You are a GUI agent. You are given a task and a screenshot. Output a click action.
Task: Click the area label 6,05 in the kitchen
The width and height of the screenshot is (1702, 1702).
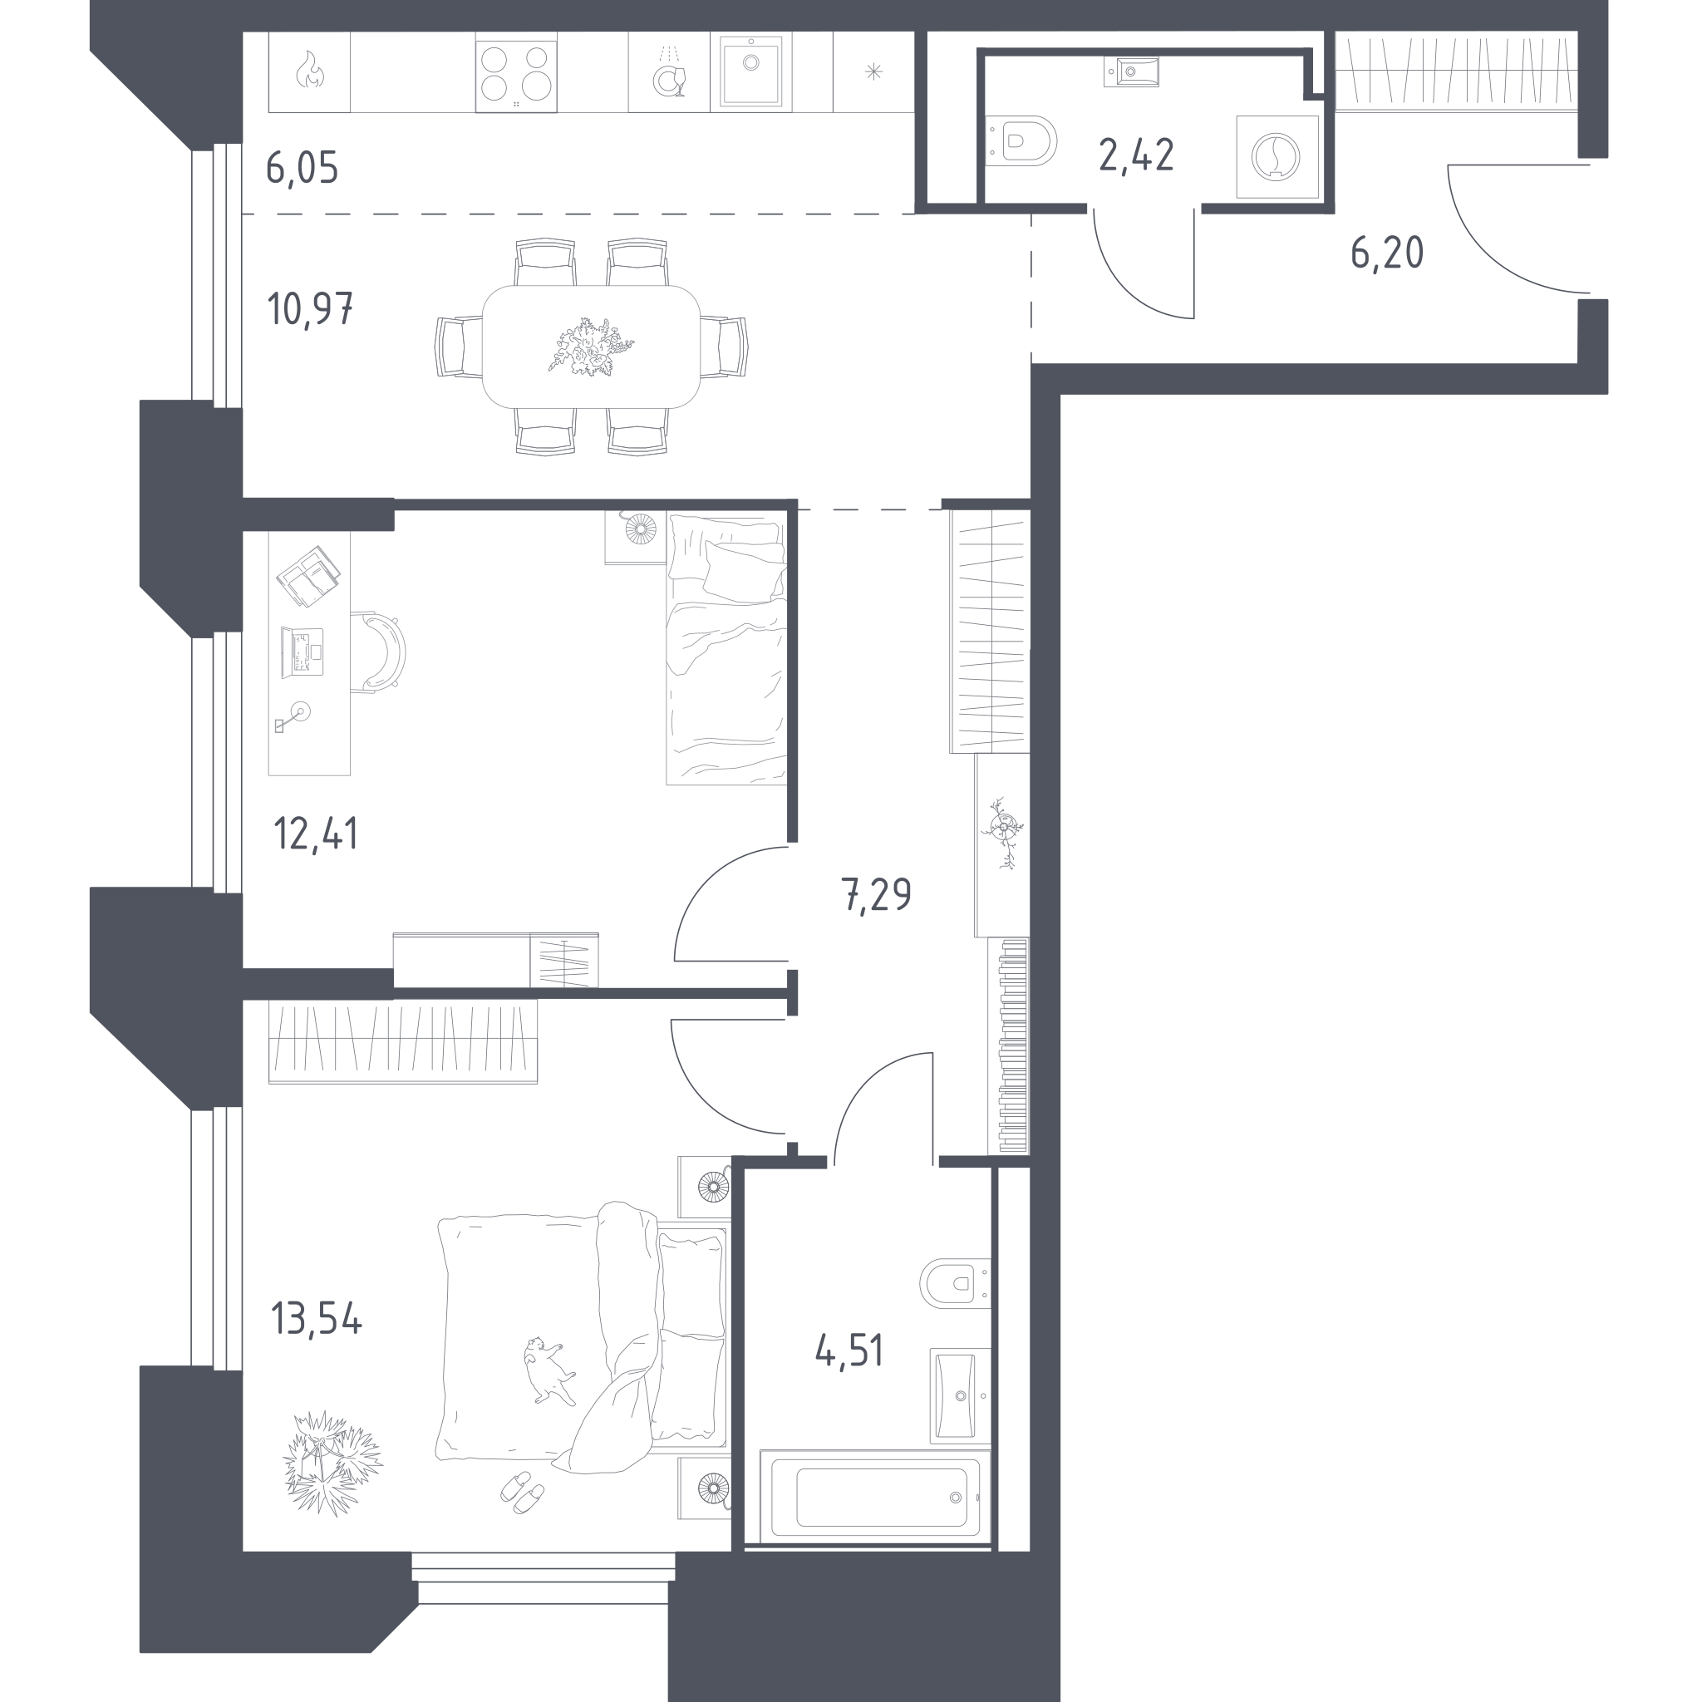pos(303,167)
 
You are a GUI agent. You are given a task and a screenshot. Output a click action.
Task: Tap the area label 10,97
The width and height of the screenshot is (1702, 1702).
pos(310,309)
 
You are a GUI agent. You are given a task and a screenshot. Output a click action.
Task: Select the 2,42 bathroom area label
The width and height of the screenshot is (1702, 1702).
pos(1136,155)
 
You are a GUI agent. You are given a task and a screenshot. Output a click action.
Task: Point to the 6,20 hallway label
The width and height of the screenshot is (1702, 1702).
pos(1387,253)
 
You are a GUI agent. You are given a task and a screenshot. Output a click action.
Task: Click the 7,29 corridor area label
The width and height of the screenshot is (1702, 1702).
pos(877,895)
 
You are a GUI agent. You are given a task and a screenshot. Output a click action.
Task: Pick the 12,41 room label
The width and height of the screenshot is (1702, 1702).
pos(317,834)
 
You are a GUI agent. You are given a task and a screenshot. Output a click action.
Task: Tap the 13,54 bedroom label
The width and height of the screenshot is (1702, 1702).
pos(317,1320)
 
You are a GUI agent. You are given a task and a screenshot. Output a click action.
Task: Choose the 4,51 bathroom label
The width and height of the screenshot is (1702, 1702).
pos(849,1350)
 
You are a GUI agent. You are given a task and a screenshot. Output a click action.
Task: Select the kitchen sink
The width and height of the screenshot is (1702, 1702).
pos(750,71)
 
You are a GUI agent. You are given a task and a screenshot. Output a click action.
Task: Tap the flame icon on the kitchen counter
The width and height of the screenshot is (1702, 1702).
pos(309,71)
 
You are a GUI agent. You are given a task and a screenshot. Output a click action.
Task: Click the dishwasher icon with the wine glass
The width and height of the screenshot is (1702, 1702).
pos(670,73)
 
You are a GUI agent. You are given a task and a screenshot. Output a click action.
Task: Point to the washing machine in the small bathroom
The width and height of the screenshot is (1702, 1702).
pos(1276,157)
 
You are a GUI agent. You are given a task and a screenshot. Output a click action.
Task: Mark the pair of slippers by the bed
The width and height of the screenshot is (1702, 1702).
pos(522,1491)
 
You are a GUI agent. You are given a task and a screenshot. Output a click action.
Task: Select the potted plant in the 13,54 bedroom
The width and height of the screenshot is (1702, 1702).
pos(332,1463)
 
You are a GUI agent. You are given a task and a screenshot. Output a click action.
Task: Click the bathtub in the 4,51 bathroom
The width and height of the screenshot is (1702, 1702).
pos(874,1498)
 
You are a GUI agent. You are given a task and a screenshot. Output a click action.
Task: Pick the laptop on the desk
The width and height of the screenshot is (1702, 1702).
pos(303,652)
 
